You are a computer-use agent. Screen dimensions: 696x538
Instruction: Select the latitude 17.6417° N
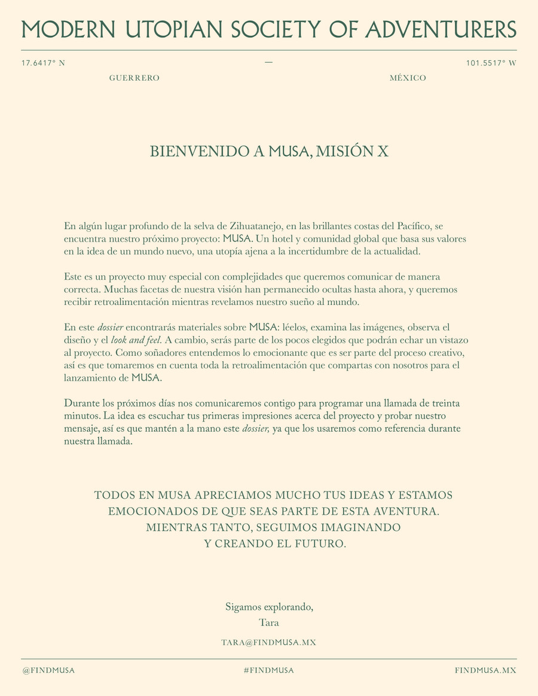click(43, 63)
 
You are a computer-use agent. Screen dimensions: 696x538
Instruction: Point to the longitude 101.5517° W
click(491, 63)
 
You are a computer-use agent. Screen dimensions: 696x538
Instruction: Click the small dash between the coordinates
click(268, 62)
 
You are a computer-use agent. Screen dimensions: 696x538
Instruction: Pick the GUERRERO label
click(134, 78)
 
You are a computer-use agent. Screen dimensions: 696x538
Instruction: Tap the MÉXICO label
click(408, 78)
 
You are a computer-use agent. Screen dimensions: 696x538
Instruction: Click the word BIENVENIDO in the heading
click(200, 152)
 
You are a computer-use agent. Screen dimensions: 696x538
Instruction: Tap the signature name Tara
click(269, 622)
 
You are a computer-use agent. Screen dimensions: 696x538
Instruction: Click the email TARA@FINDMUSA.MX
click(269, 642)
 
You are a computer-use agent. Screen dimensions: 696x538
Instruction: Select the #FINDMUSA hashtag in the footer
click(269, 670)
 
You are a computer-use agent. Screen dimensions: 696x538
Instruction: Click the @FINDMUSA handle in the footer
click(49, 670)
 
